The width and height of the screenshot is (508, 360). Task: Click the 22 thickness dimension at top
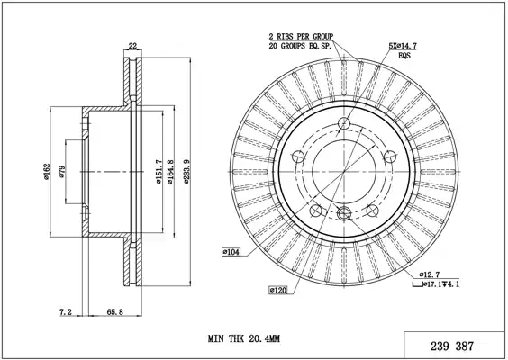pos(132,46)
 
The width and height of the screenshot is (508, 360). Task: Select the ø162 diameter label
pos(47,172)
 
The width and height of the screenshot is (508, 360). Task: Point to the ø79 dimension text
pos(62,172)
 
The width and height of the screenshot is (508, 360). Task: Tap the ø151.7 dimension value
pos(159,172)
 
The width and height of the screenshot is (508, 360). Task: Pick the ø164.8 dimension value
pos(170,172)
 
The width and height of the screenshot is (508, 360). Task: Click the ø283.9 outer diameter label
pos(186,172)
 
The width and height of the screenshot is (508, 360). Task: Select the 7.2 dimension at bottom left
pos(66,312)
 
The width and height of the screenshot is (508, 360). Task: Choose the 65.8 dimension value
pos(115,312)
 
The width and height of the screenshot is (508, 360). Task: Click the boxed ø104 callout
pos(231,252)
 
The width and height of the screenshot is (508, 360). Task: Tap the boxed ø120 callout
pos(278,290)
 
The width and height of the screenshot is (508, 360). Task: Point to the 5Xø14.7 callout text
pos(403,46)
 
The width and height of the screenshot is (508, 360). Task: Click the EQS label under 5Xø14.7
pos(404,56)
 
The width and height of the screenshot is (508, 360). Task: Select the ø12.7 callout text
pos(430,274)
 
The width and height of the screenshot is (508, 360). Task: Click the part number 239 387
pos(452,346)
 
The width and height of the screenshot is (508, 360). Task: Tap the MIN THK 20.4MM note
pos(244,339)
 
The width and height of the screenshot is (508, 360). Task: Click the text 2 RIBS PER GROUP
pos(301,36)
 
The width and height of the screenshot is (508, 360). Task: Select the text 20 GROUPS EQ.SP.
pos(300,46)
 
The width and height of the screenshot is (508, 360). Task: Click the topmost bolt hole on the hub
pos(344,123)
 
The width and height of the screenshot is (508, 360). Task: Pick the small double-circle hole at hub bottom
pos(344,213)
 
